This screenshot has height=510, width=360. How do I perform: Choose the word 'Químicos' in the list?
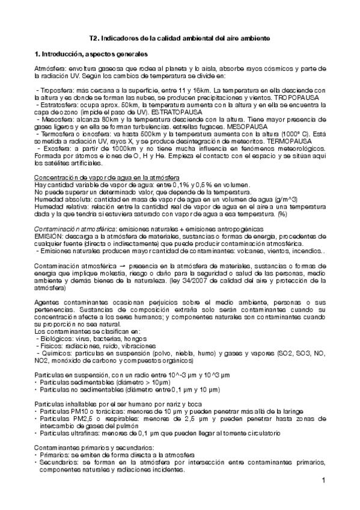pyautogui.click(x=53, y=354)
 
